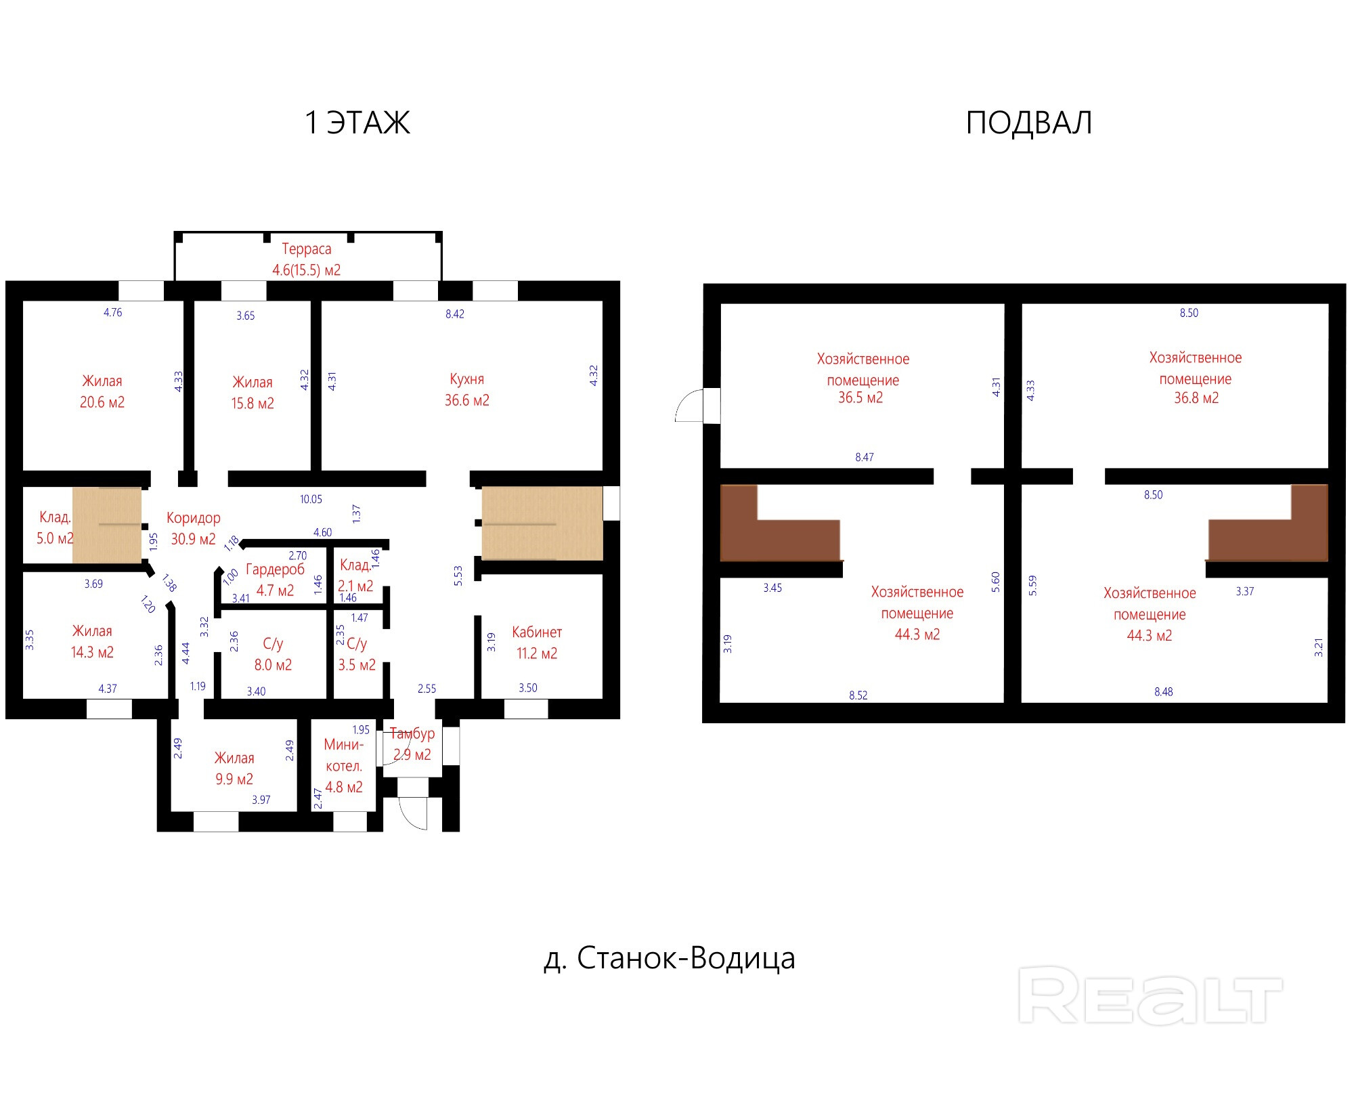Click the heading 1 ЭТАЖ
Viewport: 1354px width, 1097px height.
click(357, 123)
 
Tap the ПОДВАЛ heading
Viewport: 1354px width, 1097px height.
click(1028, 123)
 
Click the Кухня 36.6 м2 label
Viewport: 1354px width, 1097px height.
click(467, 389)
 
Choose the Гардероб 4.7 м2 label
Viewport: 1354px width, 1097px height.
click(275, 580)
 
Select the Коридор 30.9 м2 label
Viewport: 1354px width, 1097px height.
click(193, 528)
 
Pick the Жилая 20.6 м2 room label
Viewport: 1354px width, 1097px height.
click(102, 391)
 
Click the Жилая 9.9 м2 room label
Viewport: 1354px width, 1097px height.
click(234, 769)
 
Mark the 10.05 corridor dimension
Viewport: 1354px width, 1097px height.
click(311, 499)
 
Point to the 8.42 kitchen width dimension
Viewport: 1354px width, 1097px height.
click(455, 314)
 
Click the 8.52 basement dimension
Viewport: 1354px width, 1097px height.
click(858, 695)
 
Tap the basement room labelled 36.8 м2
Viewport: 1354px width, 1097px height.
click(1196, 378)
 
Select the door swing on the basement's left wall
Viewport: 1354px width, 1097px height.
click(689, 406)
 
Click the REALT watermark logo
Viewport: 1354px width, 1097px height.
click(1150, 995)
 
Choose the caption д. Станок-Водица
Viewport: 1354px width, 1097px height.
click(670, 958)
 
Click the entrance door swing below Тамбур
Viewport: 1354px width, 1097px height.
click(413, 813)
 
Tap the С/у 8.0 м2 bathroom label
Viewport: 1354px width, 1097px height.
click(273, 654)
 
